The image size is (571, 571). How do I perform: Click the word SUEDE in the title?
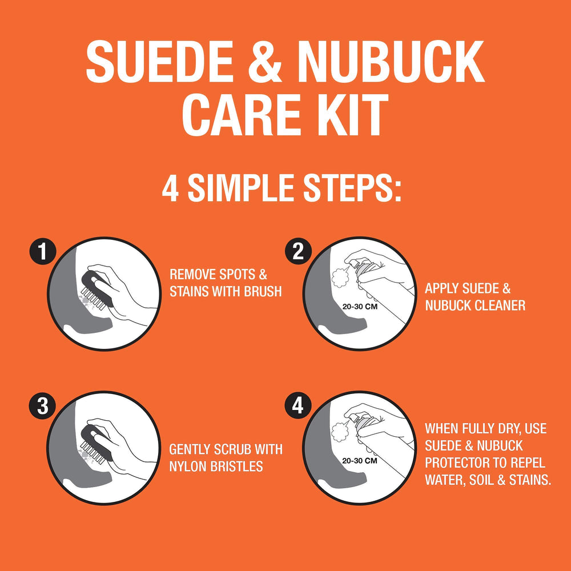coord(159,61)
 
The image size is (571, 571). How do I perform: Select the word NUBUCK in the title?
coord(391,61)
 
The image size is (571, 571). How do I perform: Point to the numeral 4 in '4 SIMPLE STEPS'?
coord(170,188)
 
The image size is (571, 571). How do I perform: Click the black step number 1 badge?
coord(43,251)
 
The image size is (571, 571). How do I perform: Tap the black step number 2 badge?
coord(298,251)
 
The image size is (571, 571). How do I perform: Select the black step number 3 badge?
coord(43,405)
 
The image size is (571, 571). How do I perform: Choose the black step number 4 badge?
coord(298,405)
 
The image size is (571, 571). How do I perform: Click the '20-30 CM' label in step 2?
coord(360,307)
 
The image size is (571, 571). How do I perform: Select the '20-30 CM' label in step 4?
coord(360,461)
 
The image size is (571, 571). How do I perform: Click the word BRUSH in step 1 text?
coord(263,291)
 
